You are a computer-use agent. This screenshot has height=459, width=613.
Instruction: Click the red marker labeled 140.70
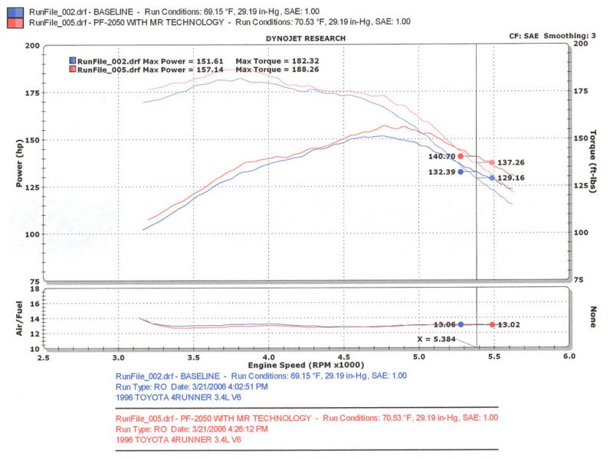point(461,156)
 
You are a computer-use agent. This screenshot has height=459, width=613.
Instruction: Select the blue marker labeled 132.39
point(461,172)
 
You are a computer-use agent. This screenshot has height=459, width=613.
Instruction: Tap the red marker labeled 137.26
point(492,163)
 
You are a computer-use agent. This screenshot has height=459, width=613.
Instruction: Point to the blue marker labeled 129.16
point(492,178)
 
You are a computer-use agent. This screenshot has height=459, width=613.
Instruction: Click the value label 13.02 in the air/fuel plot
point(510,324)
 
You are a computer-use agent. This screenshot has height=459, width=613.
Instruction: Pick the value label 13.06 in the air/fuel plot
point(444,324)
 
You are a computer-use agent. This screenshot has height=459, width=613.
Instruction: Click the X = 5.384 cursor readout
point(434,338)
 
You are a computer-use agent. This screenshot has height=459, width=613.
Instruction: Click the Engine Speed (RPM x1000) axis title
point(305,366)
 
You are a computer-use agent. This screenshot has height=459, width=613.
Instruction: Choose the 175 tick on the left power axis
point(32,93)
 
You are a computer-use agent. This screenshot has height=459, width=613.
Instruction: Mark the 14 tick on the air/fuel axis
point(34,318)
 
